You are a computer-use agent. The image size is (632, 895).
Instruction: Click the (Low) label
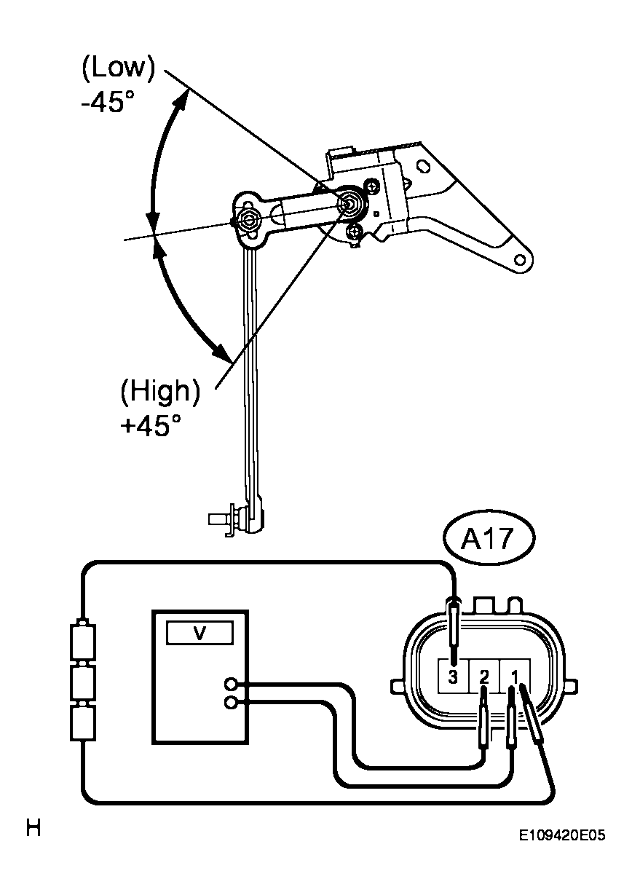click(118, 69)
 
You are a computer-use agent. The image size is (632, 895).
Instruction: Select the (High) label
click(160, 391)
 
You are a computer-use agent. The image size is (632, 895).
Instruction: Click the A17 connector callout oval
click(489, 537)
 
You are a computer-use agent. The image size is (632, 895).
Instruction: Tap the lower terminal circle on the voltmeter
click(231, 703)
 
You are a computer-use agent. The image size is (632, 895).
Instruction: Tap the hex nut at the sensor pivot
click(350, 203)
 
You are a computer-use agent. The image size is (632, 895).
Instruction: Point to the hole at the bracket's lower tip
click(520, 260)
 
